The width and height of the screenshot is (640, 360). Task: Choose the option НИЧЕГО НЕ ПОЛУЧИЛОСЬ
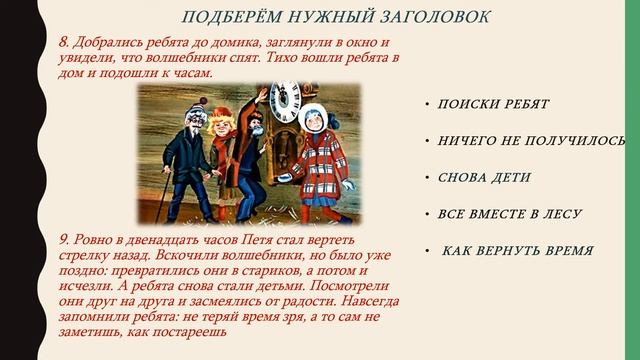click(x=532, y=140)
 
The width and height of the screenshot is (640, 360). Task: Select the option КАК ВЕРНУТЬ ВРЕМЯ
click(x=518, y=251)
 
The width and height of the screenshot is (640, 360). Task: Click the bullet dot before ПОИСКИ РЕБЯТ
click(x=427, y=104)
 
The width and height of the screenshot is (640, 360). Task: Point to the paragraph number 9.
click(x=65, y=241)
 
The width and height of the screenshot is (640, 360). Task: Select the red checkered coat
click(x=319, y=160)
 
